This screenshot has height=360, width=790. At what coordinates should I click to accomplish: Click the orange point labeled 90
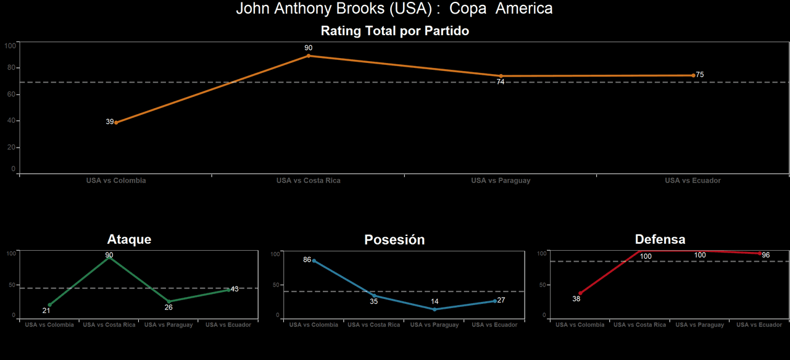(309, 56)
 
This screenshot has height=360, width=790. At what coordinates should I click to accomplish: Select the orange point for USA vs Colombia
(116, 122)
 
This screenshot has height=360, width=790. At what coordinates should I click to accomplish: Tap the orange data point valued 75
(693, 75)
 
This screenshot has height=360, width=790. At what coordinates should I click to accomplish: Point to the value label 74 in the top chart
(501, 82)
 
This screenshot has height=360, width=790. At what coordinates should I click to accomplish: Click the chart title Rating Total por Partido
(395, 31)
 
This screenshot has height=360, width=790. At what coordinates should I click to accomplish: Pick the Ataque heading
(129, 240)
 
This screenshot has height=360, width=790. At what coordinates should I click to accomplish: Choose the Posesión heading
(394, 240)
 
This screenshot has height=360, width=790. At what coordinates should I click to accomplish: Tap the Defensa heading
(660, 240)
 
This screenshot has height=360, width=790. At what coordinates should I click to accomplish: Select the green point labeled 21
(49, 304)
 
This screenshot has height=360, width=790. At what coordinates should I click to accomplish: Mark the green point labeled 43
(228, 290)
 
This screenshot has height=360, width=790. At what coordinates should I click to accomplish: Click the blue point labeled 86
(314, 261)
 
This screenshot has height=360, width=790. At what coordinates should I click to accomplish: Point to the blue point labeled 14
(434, 309)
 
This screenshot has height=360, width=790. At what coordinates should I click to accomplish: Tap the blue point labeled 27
(494, 301)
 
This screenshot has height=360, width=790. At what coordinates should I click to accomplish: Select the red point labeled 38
(580, 293)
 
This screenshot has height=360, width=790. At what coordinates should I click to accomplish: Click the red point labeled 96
(760, 253)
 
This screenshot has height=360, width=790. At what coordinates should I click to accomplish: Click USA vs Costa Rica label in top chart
(308, 181)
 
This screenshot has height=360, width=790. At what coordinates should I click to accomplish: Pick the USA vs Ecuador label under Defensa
(759, 325)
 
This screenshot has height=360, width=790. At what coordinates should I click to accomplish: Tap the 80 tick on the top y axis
(10, 68)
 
